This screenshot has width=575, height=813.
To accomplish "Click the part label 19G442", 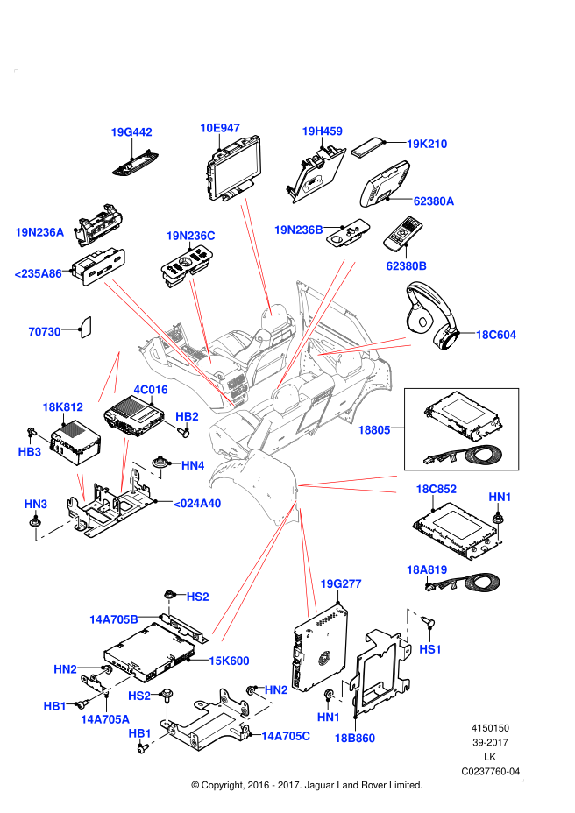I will click(131, 132).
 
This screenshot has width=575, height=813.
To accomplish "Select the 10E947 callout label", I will click(220, 128).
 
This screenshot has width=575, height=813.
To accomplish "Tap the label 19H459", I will click(322, 131).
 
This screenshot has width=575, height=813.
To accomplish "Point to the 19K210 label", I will click(427, 144).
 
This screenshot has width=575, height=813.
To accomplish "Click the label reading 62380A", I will click(434, 201).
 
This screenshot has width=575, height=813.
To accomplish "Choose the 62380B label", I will click(407, 266).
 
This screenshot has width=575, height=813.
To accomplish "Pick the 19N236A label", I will click(39, 232).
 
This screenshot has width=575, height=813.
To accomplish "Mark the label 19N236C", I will click(190, 236).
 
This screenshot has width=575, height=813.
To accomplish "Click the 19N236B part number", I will click(298, 230).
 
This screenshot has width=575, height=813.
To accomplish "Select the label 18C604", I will click(496, 335).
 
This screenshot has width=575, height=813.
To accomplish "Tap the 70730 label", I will click(45, 332).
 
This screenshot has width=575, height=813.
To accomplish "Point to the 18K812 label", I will click(62, 407).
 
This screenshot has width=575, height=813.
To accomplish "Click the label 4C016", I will click(151, 390).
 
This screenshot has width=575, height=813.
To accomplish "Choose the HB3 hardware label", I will click(30, 452).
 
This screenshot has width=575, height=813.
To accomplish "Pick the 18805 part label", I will click(374, 430).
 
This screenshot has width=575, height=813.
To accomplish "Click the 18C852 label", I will click(436, 489).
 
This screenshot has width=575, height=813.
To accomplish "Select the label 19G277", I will click(341, 584).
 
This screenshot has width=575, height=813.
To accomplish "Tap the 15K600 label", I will click(229, 661).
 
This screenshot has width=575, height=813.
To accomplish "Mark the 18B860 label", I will click(355, 739).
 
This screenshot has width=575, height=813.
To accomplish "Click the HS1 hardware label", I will click(430, 649).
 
